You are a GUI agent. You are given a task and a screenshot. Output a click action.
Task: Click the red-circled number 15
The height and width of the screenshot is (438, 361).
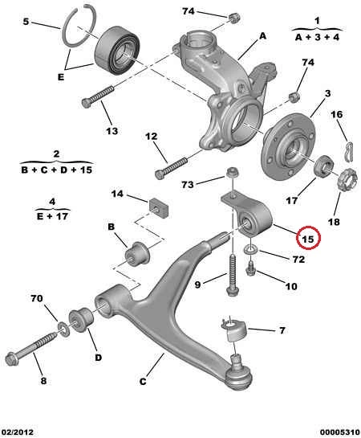point(308,239)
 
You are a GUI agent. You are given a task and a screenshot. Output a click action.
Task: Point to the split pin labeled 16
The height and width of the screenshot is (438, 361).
point(349,151)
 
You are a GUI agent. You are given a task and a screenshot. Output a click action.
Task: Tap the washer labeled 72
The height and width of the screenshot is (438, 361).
point(250,249)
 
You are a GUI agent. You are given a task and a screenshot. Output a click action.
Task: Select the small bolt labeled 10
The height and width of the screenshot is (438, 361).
point(250,268)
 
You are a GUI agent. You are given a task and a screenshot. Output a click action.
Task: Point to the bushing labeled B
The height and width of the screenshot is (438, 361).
point(137,253)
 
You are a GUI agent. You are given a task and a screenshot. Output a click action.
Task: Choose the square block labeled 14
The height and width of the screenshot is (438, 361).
point(159,207)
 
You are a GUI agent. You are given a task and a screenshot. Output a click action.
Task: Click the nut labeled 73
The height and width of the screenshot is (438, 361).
point(232,172)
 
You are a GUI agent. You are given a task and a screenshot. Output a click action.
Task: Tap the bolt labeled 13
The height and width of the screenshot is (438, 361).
point(99,96)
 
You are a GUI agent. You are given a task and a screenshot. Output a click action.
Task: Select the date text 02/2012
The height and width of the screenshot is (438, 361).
point(17,432)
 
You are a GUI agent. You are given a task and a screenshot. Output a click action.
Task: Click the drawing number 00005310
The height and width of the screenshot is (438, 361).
point(340,432)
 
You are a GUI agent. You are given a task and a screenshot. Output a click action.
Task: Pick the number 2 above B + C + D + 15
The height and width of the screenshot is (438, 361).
point(56,154)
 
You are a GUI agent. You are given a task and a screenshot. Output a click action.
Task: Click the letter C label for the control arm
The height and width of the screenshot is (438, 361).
point(143,381)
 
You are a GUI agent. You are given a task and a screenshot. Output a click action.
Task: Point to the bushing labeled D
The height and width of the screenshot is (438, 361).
point(81,320)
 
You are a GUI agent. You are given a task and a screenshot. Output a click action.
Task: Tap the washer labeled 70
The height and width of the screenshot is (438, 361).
point(64,329)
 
